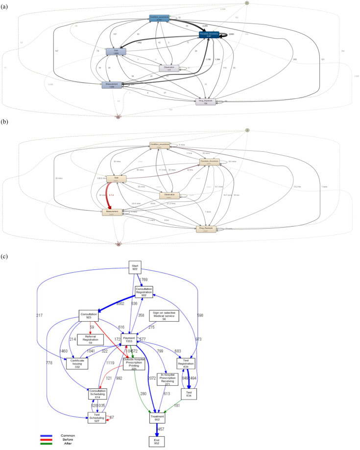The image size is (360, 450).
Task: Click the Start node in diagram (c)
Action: point(135,267)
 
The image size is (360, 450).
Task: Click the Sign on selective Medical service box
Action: point(165,316)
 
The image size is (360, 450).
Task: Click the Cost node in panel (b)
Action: point(116,179)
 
